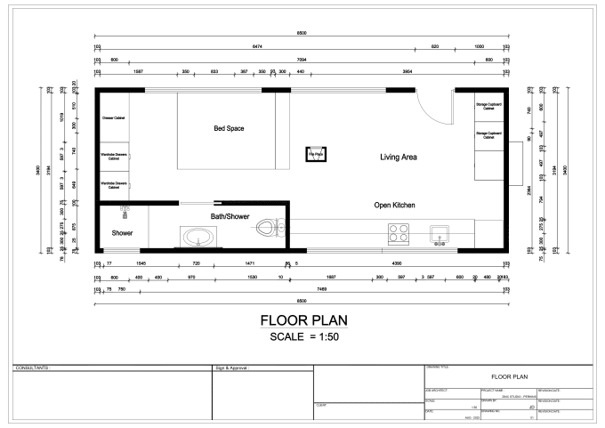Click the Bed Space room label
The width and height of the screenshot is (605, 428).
229,129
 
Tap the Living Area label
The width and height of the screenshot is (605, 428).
399,157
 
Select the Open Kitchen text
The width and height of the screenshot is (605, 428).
394,205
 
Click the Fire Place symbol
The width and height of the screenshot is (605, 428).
313,153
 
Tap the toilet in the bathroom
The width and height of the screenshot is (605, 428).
268,229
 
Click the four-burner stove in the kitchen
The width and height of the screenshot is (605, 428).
398,232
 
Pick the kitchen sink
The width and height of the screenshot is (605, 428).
438,234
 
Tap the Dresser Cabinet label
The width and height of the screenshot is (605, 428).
113,117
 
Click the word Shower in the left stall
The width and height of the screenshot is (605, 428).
122,233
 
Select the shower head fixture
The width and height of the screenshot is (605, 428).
125,210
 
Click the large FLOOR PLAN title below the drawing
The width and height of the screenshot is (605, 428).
302,320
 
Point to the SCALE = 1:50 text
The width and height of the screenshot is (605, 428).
302,337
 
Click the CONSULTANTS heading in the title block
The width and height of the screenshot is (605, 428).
34,367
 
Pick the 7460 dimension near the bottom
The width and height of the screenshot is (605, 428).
309,289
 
